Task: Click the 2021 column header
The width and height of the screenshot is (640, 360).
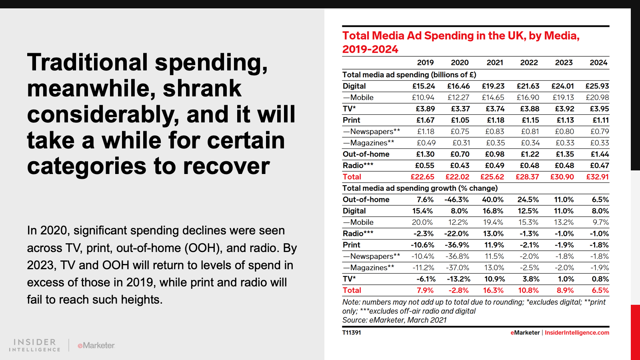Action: pos(495,62)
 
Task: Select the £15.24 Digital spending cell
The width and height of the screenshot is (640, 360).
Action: pos(424,86)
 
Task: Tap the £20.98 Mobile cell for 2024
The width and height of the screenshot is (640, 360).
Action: pos(597,97)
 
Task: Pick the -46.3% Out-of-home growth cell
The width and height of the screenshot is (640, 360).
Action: pos(456,200)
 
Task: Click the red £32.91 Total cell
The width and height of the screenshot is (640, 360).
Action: pos(597,177)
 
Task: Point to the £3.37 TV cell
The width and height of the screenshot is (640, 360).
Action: pos(460,109)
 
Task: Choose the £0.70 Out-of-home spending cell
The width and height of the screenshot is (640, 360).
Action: pos(460,154)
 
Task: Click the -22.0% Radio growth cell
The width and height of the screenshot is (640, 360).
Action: pos(456,234)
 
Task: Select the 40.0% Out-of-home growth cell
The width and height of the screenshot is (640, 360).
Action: pos(493,200)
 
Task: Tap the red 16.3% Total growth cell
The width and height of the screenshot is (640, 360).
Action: pos(493,290)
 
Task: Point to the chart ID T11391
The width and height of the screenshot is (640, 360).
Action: pos(352,332)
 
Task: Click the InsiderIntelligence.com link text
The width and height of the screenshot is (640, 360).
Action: pos(577,332)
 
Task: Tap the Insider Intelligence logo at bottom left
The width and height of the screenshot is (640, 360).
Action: pos(35,345)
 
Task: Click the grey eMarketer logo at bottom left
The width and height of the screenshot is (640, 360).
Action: pos(96,345)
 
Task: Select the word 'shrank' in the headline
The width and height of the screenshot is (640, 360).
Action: pos(202,88)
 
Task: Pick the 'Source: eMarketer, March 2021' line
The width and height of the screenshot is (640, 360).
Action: pos(394,320)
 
